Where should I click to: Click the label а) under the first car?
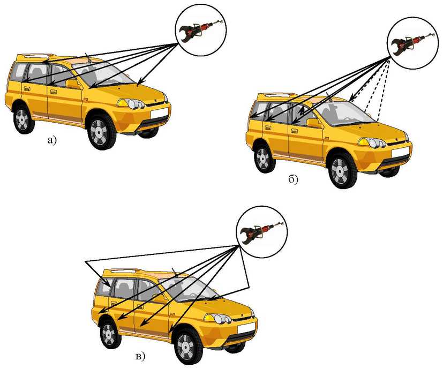pos(52,140)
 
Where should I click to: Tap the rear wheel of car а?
pos(23,119)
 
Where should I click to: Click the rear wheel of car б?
pos(265,159)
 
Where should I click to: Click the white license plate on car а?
pos(159,114)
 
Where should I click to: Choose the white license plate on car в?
pos(246,328)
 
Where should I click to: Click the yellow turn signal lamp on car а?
pos(123,103)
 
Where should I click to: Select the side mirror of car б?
pos(314,123)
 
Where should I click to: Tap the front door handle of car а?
pos(54,92)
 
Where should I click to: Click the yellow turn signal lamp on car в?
pos(209,318)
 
